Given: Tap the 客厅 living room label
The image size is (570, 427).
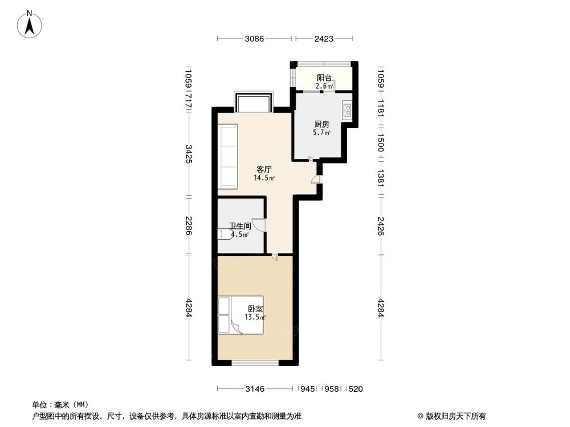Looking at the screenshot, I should [263, 170].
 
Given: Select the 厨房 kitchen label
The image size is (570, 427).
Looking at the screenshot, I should [321, 124].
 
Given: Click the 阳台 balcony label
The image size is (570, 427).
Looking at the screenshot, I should [324, 79].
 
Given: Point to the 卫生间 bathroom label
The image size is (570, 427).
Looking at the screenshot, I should [240, 226].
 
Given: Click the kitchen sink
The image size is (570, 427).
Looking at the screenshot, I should [347, 109].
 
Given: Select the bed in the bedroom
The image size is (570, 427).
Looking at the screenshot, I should [239, 314].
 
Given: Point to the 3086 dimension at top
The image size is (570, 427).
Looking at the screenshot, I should [255, 39].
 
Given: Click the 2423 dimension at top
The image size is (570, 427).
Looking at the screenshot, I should [323, 39].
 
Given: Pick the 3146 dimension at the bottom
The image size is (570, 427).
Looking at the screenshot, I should [254, 389].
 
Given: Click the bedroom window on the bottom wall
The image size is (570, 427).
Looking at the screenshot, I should [255, 363].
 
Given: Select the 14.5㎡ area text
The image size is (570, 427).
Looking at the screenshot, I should [264, 178].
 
